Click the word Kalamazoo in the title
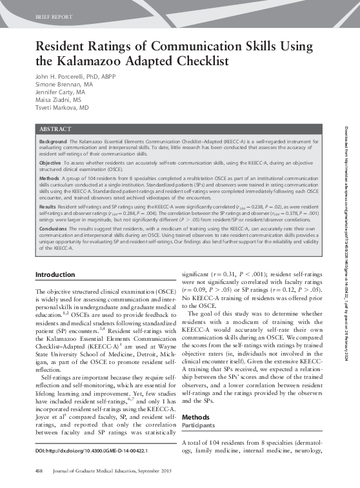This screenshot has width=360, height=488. [x=87, y=62]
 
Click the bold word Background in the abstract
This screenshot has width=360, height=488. [x=53, y=141]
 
